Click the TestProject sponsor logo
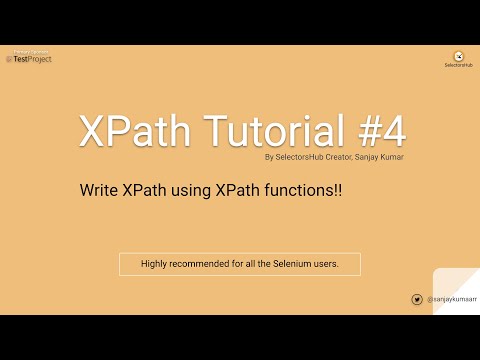pyautogui.click(x=29, y=58)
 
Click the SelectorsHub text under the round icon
pyautogui.click(x=457, y=66)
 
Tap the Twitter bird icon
pyautogui.click(x=417, y=299)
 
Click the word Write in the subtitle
pyautogui.click(x=99, y=189)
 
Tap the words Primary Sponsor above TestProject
pyautogui.click(x=30, y=49)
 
